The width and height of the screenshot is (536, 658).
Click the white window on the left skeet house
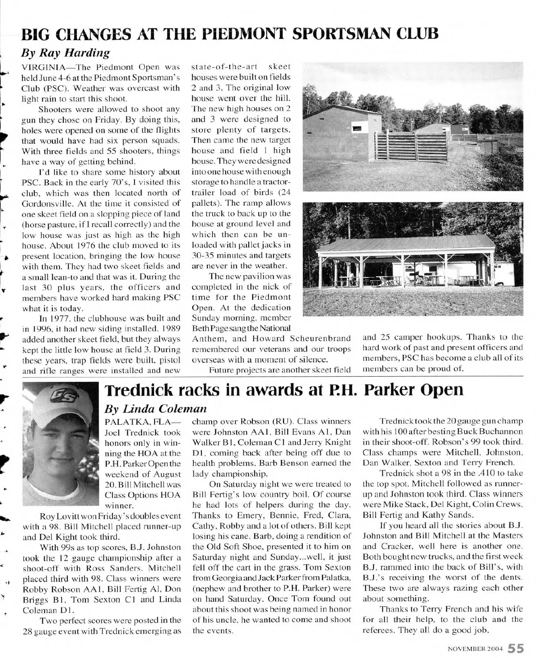[x=357, y=128]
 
